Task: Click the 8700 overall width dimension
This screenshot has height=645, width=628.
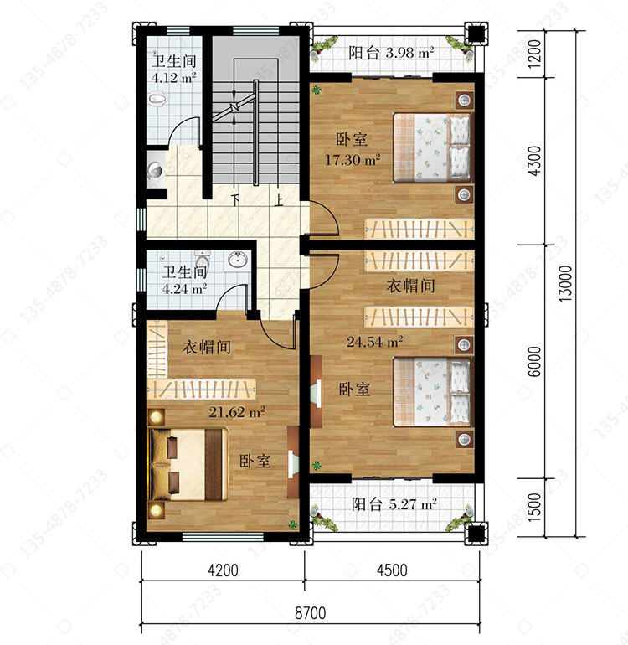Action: [x=310, y=613]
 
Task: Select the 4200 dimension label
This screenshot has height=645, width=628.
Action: [x=223, y=570]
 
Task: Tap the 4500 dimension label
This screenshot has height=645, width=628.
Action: [x=392, y=570]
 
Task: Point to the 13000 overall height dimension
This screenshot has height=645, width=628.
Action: [x=565, y=283]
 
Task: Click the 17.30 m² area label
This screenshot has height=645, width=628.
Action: [x=353, y=160]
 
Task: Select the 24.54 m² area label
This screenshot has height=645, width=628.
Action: [x=374, y=342]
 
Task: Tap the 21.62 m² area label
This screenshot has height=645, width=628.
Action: [x=236, y=412]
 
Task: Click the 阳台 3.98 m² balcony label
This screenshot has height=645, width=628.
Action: [x=391, y=53]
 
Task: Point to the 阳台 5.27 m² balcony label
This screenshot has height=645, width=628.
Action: [x=394, y=504]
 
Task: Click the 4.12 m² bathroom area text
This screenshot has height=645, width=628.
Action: [x=173, y=77]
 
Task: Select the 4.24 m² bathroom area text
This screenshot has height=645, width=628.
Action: [x=184, y=289]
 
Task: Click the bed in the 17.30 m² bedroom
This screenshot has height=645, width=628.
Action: [x=432, y=147]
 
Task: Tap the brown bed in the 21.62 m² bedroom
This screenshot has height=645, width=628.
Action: [x=188, y=464]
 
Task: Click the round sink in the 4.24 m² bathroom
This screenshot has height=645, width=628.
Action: [x=237, y=260]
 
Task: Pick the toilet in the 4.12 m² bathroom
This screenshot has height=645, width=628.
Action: [x=158, y=99]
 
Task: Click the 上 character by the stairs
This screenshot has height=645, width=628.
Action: [x=279, y=200]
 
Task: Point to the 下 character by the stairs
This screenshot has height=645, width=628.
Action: [x=235, y=200]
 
